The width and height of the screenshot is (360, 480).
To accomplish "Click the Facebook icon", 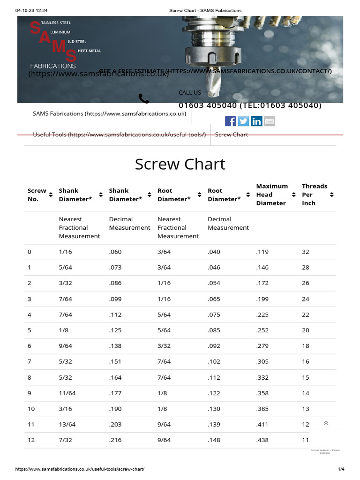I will (230, 121).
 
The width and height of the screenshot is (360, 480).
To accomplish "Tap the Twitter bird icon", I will (243, 121).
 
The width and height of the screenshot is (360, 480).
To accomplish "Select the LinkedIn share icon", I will (256, 121).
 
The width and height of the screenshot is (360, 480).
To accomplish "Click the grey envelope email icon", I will (270, 121).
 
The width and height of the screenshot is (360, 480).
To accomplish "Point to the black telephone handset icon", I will (144, 98).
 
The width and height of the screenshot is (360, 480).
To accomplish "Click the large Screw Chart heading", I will (180, 164).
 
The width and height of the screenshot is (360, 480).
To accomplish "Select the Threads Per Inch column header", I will (315, 195).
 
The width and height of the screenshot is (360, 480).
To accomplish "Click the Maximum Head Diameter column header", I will (272, 195).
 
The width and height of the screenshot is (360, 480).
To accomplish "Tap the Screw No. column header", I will (37, 195).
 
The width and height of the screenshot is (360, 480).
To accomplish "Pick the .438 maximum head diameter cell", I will (262, 440).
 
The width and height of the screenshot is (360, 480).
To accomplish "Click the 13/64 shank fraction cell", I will (67, 424).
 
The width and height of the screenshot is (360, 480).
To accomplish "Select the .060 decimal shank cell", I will (115, 252).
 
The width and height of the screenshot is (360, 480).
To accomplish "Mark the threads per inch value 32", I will (306, 252).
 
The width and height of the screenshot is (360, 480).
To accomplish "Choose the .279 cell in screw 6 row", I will (262, 346).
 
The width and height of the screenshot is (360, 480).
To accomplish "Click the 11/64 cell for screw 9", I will (67, 393).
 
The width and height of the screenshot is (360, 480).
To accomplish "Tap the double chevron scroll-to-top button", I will (326, 423).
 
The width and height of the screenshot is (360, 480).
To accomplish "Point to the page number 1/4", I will (341, 469).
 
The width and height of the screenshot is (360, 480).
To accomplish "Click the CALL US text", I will (190, 92).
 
